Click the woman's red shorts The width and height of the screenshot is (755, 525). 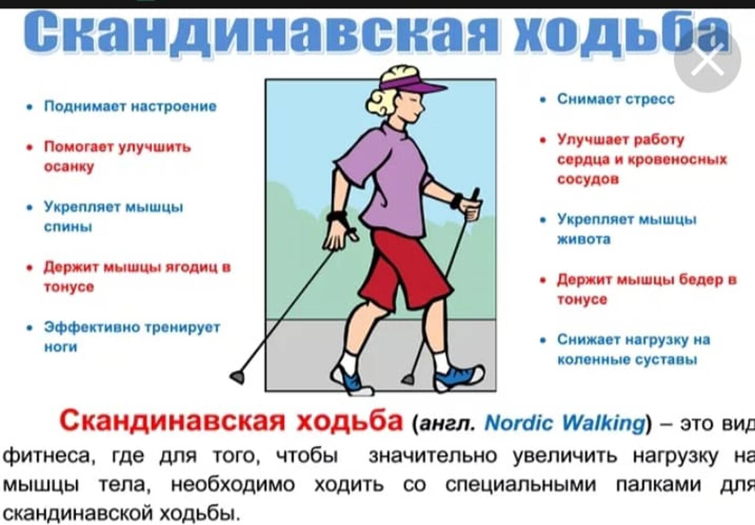404,270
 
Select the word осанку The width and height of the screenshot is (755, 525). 69,167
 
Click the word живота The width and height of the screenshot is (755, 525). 584,239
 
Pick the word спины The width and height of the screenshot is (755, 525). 68,227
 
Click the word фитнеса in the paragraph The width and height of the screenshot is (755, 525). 47,456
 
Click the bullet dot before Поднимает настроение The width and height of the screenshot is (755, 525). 30,107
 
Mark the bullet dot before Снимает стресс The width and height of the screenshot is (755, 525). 543,100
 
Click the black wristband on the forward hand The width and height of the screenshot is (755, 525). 457,201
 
